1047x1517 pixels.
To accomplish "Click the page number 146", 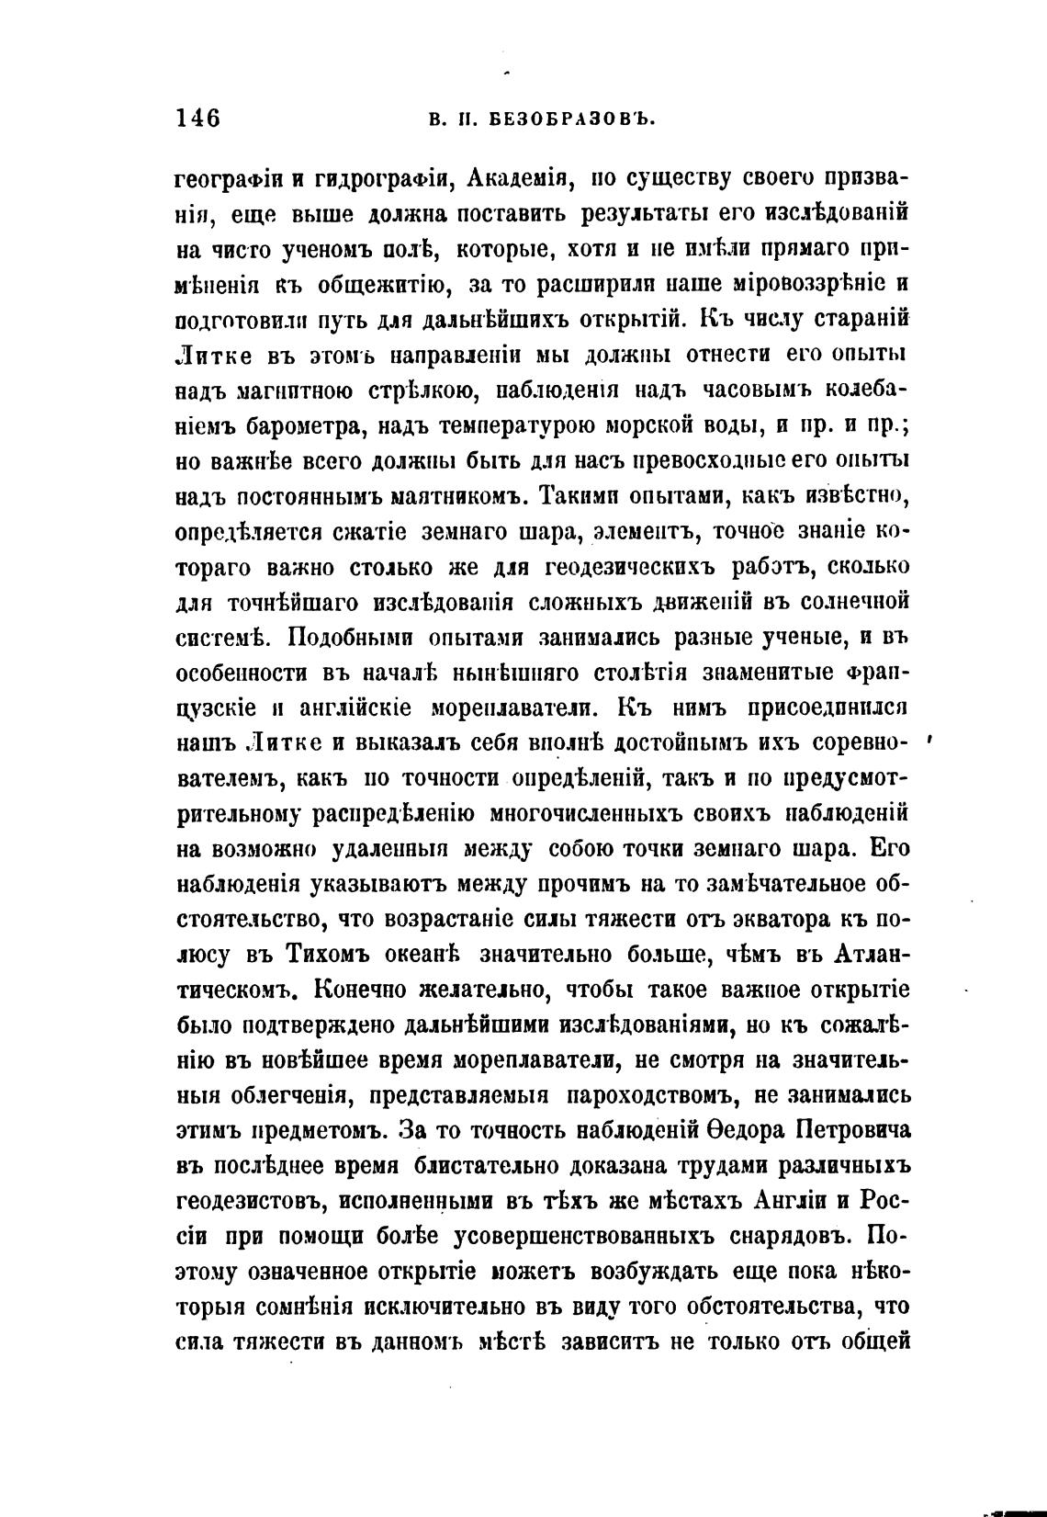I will click(x=197, y=119).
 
